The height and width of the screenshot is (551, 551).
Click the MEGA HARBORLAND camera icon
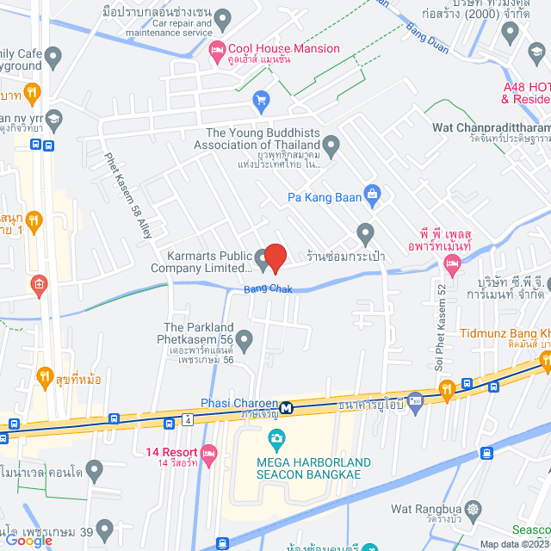coord(276,440)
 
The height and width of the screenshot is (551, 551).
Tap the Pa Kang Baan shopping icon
coord(372,193)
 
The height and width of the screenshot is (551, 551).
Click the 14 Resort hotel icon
coord(207,452)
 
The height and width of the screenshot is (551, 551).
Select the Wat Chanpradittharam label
coord(492,128)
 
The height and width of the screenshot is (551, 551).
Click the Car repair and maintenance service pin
coord(223,17)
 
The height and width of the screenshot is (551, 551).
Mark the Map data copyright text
coord(514,544)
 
